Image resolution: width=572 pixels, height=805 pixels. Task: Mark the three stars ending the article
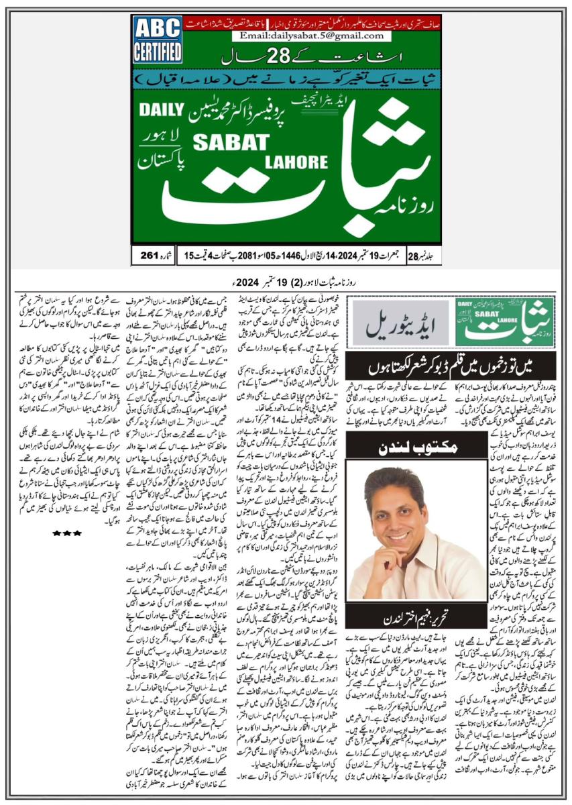pos(67,533)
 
